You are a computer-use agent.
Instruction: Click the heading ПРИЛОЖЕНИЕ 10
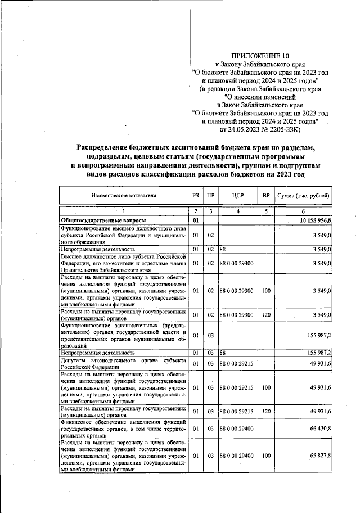pyautogui.click(x=261, y=56)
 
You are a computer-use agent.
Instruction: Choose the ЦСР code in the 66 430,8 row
pyautogui.click(x=236, y=429)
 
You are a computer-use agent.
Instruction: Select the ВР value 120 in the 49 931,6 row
pyautogui.click(x=265, y=412)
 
